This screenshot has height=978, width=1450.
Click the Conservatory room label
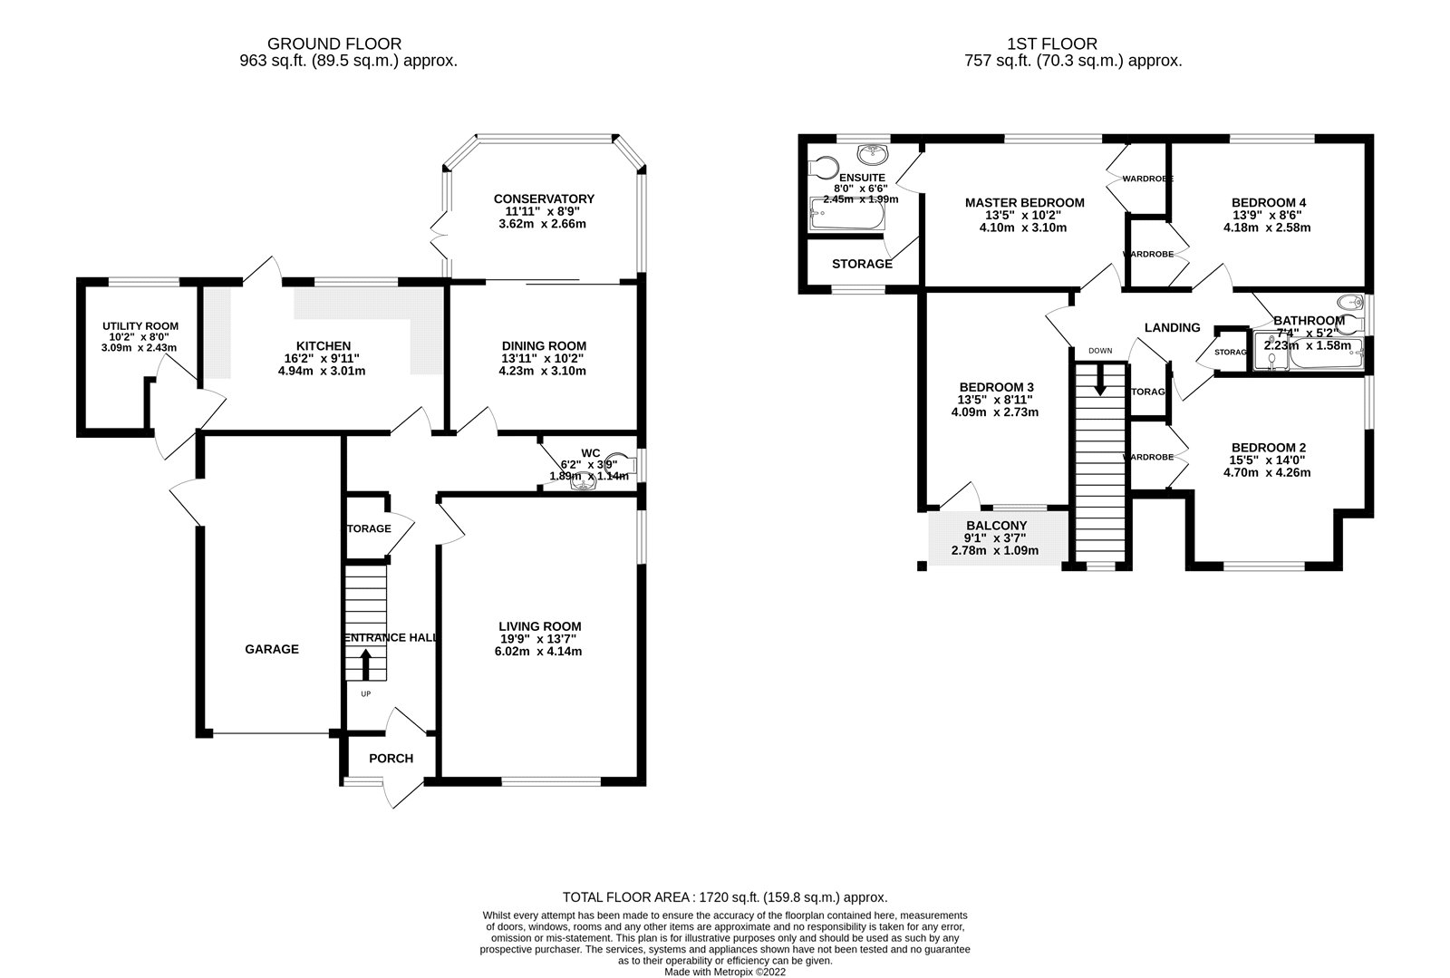544,199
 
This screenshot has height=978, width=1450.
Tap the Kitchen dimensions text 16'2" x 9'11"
324,359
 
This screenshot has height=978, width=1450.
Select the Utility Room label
140,326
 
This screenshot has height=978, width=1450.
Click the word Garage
272,650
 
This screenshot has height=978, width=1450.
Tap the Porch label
391,759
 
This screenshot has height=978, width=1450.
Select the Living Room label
540,626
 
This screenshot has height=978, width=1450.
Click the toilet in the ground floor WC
619,463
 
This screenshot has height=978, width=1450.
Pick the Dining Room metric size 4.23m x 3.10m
544,371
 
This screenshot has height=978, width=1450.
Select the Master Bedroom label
1024,203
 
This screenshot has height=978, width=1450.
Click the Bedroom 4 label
1269,202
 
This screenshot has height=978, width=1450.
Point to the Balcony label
996,526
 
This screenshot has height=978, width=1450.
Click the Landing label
1172,328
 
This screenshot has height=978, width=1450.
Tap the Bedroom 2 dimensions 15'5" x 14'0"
1269,460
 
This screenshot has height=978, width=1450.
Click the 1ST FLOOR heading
1051,44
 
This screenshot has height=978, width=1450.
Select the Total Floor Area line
725,897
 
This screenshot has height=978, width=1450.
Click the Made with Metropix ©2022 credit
725,972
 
